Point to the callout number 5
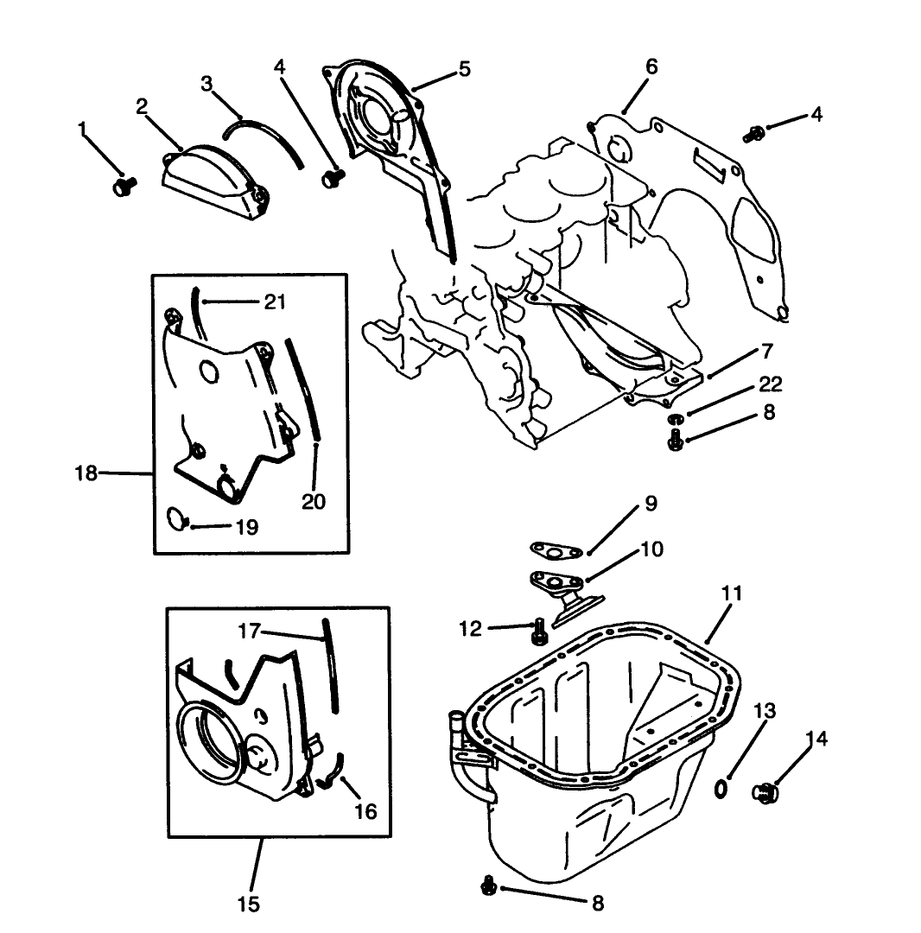click(465, 69)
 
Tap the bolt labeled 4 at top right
click(753, 133)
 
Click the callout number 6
click(651, 67)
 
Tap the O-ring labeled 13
click(721, 788)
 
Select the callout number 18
click(86, 473)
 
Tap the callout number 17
click(249, 632)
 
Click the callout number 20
click(314, 502)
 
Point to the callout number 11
click(732, 593)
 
